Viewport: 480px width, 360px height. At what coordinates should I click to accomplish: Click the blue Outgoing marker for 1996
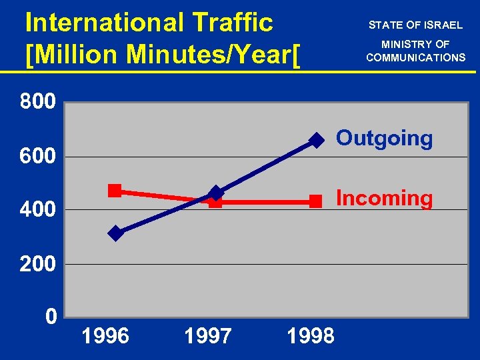115,233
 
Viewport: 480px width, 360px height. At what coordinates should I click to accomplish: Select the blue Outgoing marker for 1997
215,193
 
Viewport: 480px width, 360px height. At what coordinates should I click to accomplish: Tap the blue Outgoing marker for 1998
317,140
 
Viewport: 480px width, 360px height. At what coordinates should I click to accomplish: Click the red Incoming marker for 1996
115,191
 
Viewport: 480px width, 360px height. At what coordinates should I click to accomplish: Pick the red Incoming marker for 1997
215,201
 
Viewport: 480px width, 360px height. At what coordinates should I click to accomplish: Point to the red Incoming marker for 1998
316,201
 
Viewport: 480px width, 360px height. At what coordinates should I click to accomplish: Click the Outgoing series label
384,139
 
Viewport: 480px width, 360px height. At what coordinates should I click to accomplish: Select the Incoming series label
384,198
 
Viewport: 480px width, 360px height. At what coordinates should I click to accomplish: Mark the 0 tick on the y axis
51,315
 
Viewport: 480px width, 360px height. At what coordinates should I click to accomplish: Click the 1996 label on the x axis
105,335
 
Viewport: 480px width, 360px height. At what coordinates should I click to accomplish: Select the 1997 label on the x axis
207,335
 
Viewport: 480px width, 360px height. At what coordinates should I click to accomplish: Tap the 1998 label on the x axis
310,335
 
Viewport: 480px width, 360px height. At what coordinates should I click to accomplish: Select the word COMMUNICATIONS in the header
416,57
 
